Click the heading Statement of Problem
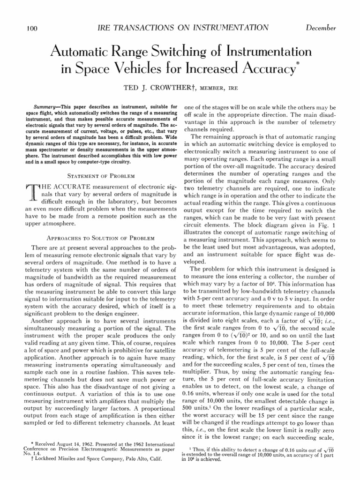101,176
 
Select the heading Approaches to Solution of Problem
101,238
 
